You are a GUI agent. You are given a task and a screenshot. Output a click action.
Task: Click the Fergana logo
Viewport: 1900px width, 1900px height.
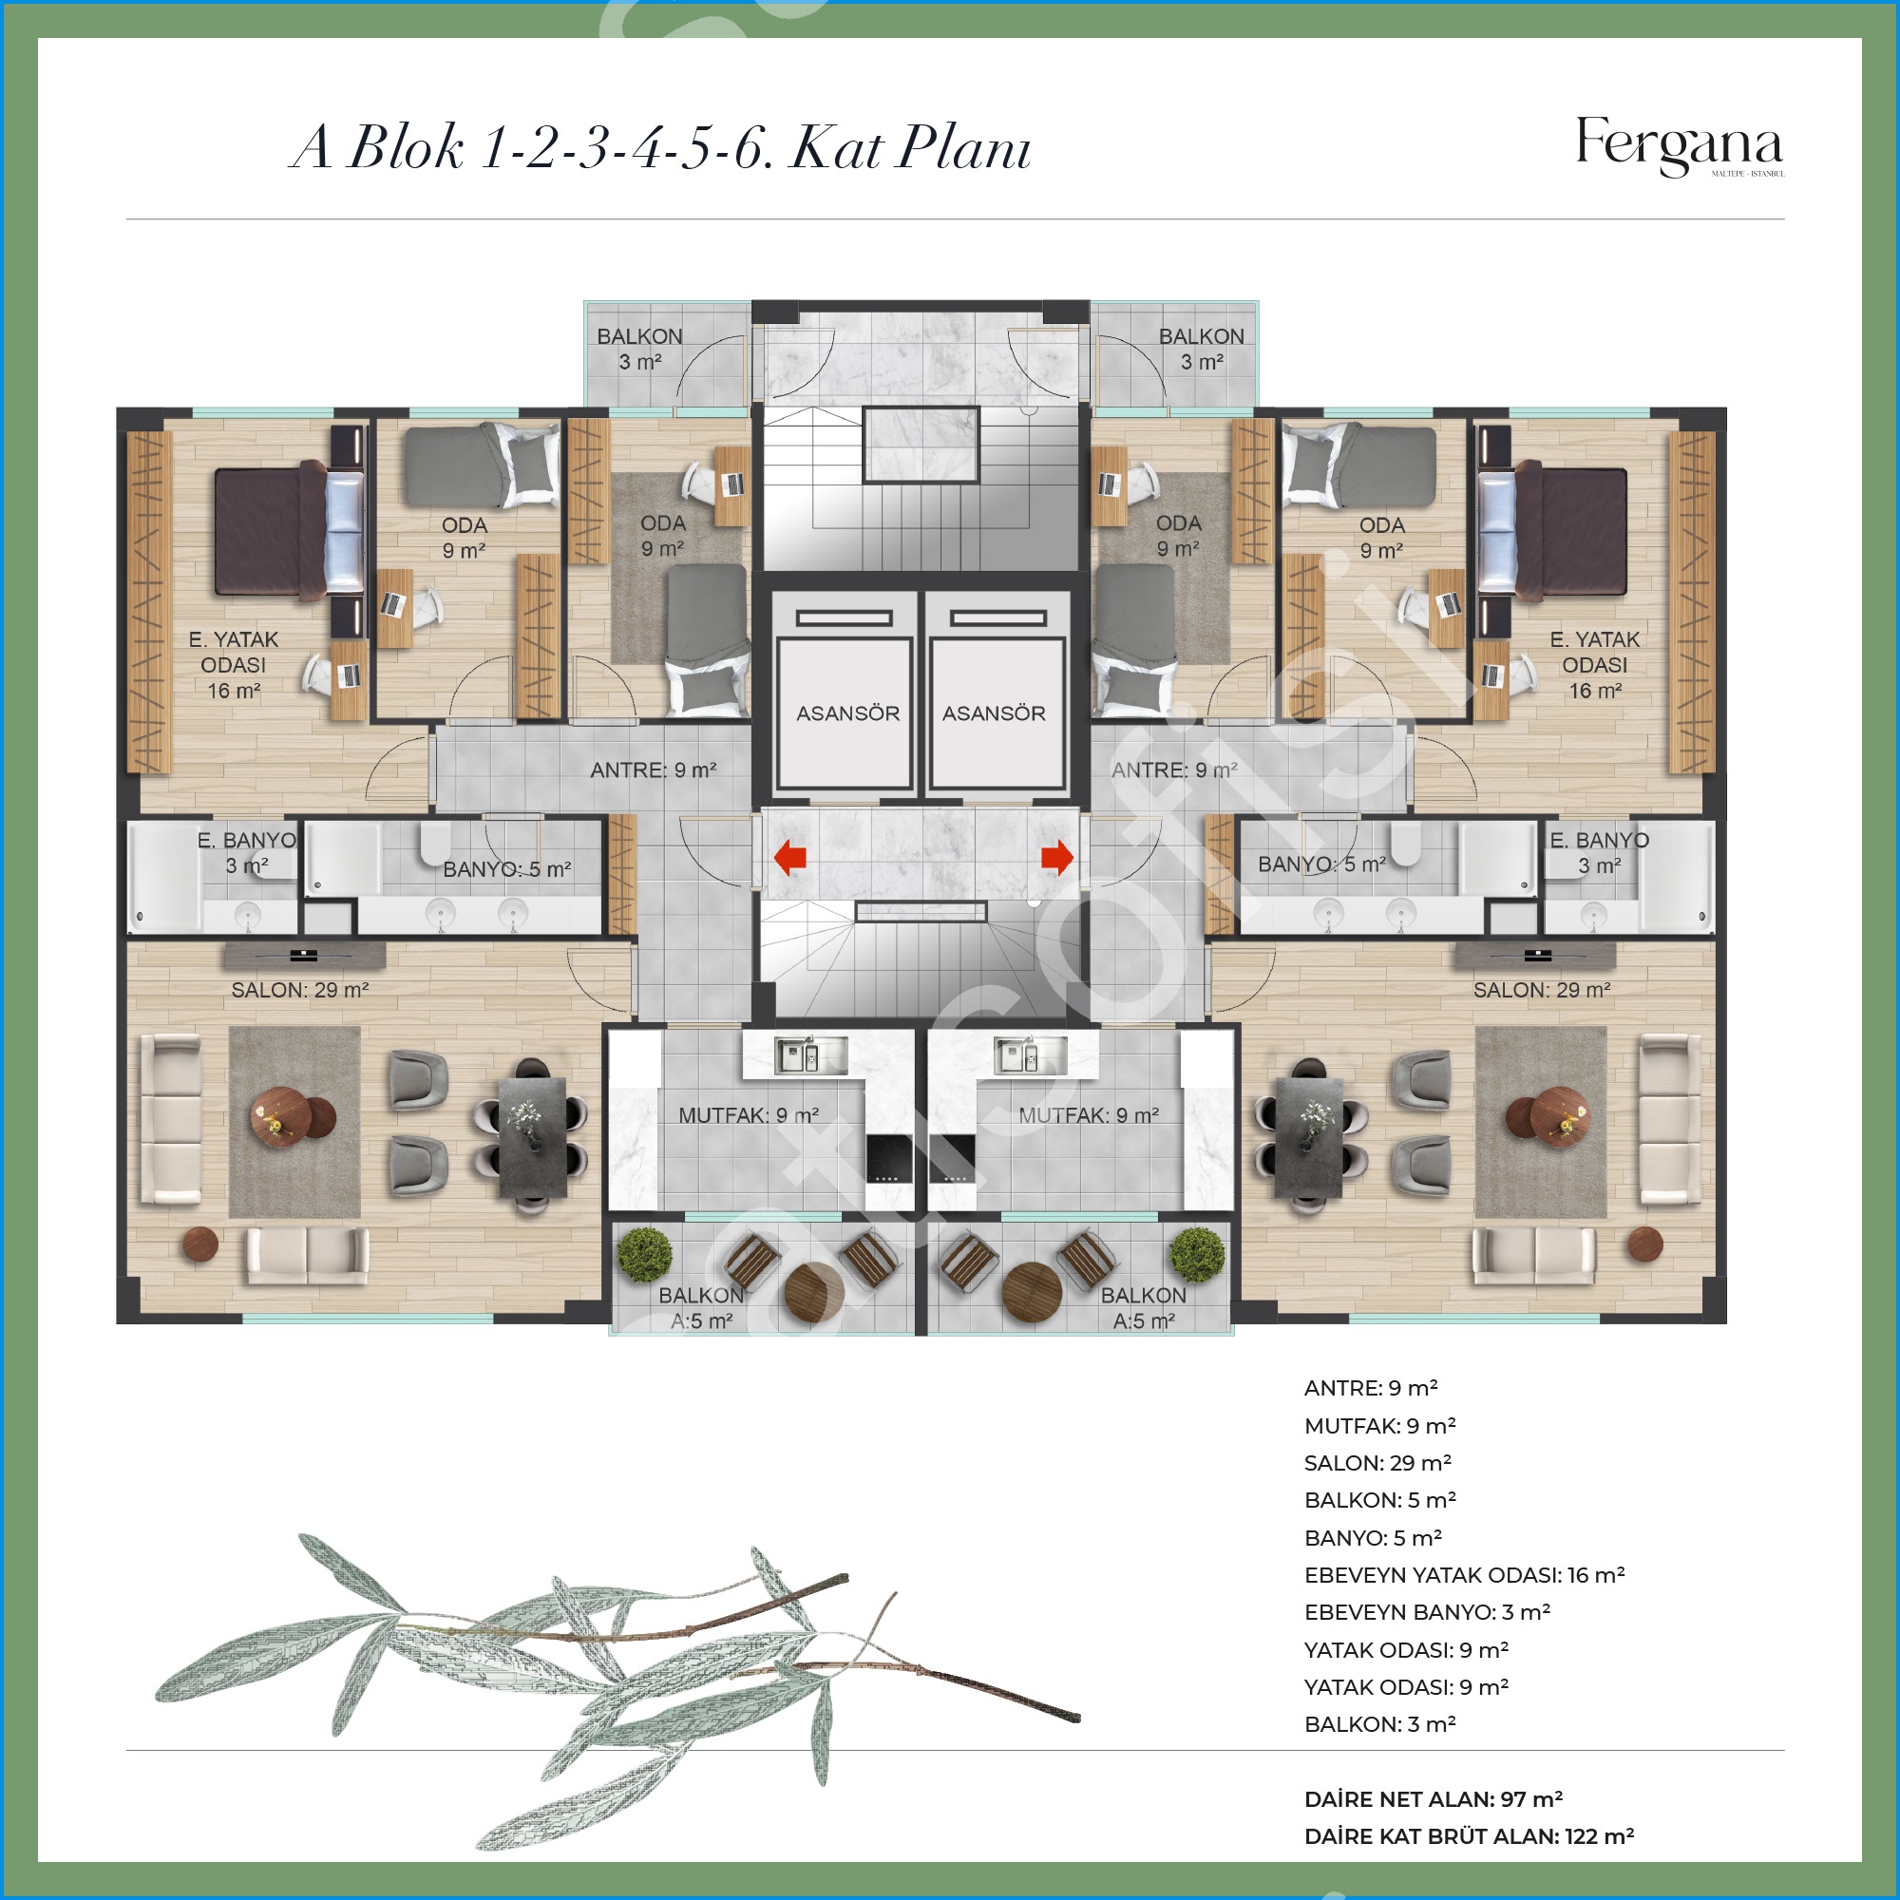[1679, 146]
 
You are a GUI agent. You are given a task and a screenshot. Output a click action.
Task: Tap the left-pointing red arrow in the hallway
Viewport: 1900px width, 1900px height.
[789, 857]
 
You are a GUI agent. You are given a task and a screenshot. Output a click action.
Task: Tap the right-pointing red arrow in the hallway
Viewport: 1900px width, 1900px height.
[1057, 857]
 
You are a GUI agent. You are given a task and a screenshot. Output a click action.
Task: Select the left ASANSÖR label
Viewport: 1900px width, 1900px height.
[847, 713]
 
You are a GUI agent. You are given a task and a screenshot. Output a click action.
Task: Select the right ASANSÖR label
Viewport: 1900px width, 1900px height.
[994, 713]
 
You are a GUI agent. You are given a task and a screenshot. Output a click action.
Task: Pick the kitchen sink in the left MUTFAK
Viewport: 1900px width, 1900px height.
[810, 1055]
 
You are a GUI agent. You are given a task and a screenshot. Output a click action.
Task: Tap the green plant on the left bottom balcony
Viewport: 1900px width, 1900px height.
[644, 1254]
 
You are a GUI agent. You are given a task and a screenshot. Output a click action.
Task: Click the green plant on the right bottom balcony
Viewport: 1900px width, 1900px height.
[1198, 1254]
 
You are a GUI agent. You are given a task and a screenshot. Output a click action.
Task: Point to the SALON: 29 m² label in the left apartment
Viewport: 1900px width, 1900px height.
[300, 990]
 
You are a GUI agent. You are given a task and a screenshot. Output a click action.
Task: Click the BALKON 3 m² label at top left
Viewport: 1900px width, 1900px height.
[639, 349]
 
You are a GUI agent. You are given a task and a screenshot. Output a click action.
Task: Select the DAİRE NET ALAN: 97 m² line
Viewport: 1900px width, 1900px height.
[1433, 1799]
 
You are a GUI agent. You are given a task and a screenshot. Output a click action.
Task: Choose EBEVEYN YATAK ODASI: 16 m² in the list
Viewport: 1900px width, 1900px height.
[1464, 1575]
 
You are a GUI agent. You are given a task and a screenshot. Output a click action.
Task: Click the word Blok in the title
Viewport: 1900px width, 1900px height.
[407, 147]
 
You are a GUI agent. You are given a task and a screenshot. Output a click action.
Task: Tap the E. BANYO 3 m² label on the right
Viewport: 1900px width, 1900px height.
[1599, 853]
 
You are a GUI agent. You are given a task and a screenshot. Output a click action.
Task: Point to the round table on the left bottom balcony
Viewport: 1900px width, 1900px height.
[813, 1290]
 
